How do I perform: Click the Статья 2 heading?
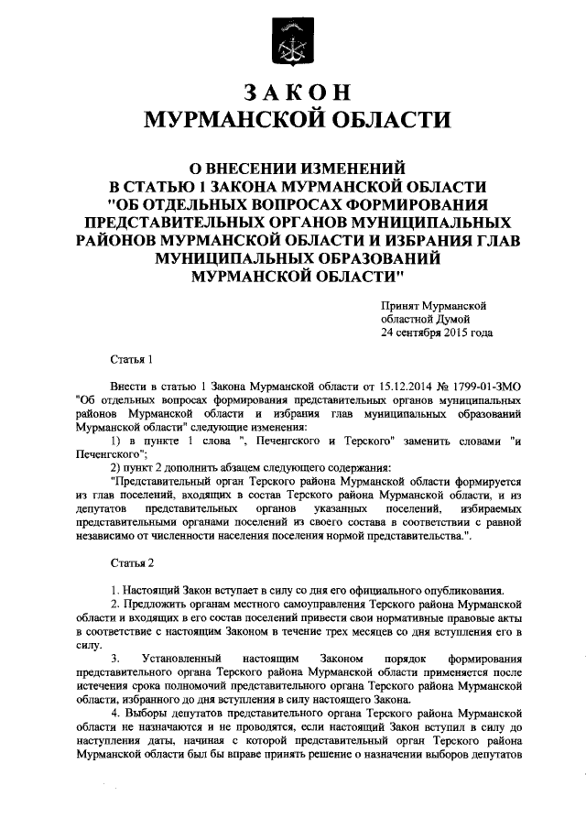(x=129, y=561)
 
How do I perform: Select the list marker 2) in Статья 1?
(x=116, y=468)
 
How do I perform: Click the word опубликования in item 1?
(x=457, y=589)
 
